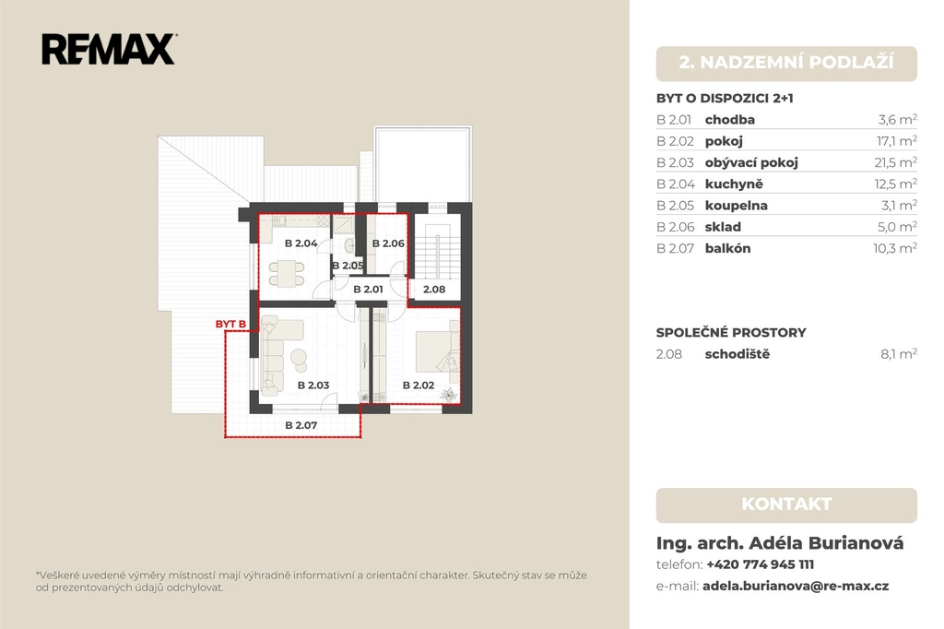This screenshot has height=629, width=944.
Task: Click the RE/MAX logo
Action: click(109, 49)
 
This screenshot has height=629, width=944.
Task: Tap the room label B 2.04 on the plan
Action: click(301, 243)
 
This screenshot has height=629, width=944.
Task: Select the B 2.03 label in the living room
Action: click(313, 385)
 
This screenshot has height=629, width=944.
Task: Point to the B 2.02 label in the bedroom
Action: click(419, 385)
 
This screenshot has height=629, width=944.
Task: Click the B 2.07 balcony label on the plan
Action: click(301, 425)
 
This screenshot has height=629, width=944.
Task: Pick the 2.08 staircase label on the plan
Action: click(434, 290)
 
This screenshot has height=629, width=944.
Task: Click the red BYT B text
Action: click(230, 324)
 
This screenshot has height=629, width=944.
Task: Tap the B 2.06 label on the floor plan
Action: click(388, 243)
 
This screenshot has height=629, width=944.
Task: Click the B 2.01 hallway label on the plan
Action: click(369, 290)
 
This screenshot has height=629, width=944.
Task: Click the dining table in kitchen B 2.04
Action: click(287, 273)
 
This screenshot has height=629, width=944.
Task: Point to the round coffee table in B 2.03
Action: click(299, 358)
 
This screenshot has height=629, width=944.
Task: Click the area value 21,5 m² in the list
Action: click(896, 162)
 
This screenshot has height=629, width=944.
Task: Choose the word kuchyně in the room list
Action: click(734, 184)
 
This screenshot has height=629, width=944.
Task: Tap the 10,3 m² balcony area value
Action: click(895, 248)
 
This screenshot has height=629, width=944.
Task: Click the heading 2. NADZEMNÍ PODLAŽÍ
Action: click(786, 62)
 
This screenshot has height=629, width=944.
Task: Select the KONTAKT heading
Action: click(786, 504)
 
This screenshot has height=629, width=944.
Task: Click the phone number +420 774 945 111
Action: click(760, 564)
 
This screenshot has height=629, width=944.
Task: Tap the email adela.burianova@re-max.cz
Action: click(796, 586)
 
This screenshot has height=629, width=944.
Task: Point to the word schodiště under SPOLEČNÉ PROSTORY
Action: click(737, 354)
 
